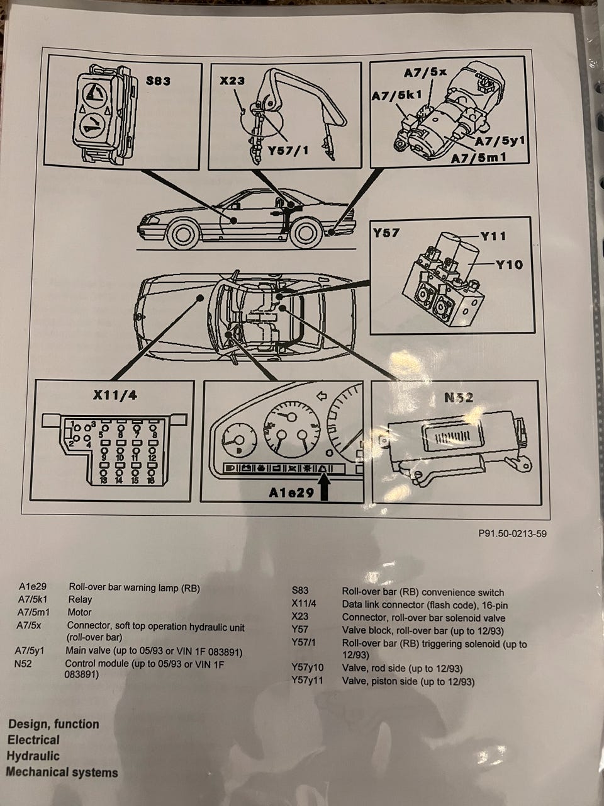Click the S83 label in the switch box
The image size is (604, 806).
point(158,81)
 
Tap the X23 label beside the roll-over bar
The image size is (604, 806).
point(232,81)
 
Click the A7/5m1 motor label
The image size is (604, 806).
point(479,157)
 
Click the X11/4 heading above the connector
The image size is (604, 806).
point(115,395)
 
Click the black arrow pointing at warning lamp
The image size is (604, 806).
point(324,485)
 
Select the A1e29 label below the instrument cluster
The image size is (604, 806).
point(291,493)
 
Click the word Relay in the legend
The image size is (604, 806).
point(80,599)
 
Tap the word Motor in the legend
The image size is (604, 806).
point(79,612)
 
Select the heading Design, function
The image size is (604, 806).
point(53,724)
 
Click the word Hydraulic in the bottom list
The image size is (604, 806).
point(33,756)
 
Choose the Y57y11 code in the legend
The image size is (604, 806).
point(308,681)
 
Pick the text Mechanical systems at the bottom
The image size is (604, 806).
point(62,773)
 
